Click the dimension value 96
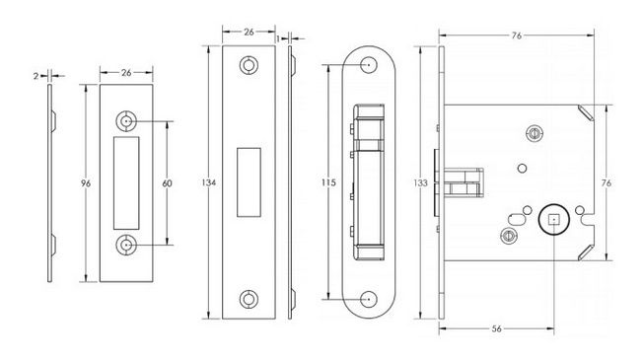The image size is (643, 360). tap(85, 183)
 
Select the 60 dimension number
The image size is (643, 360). tap(167, 183)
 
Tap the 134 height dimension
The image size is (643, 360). tap(209, 182)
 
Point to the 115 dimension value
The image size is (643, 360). tap(328, 182)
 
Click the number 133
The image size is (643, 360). tap(420, 182)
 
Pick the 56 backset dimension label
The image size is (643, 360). tap(496, 328)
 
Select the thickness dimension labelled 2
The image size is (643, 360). tap(36, 76)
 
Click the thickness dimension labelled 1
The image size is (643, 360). tap(278, 38)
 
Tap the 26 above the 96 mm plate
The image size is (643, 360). tap(126, 73)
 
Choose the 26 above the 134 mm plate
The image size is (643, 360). tap(249, 32)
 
